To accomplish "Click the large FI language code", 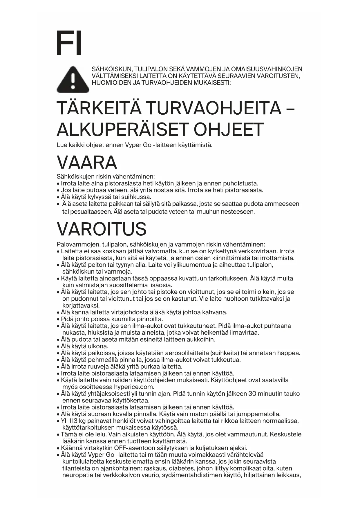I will (x=69, y=43).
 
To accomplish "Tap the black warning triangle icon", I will (x=73, y=80).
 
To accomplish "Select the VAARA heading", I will (x=87, y=162).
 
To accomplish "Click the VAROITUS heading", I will (x=102, y=229).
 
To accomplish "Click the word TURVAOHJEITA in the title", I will (x=213, y=108).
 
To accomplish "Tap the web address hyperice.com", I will (x=134, y=387).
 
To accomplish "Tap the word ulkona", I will (x=98, y=346).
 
